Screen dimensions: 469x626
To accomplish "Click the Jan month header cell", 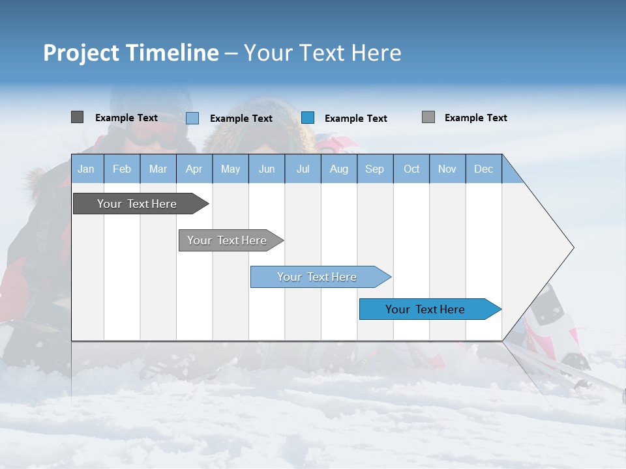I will click(86, 169).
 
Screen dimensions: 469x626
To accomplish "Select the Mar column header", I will click(158, 169).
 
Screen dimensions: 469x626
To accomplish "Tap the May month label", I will click(230, 169).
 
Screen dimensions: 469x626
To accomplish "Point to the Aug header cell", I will click(338, 169).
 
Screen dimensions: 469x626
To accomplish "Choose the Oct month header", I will click(411, 169).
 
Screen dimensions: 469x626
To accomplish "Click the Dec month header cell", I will click(483, 169).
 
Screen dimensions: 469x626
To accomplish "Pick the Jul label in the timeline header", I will click(303, 169).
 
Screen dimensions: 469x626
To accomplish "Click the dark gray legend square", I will click(77, 117).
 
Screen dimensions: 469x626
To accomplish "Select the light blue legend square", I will click(192, 118).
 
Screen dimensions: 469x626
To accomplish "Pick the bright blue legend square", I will click(308, 118).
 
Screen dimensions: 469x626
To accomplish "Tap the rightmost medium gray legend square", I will click(428, 117).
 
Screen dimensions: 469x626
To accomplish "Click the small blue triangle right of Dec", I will click(511, 173).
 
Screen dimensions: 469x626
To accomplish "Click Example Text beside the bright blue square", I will click(355, 119).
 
